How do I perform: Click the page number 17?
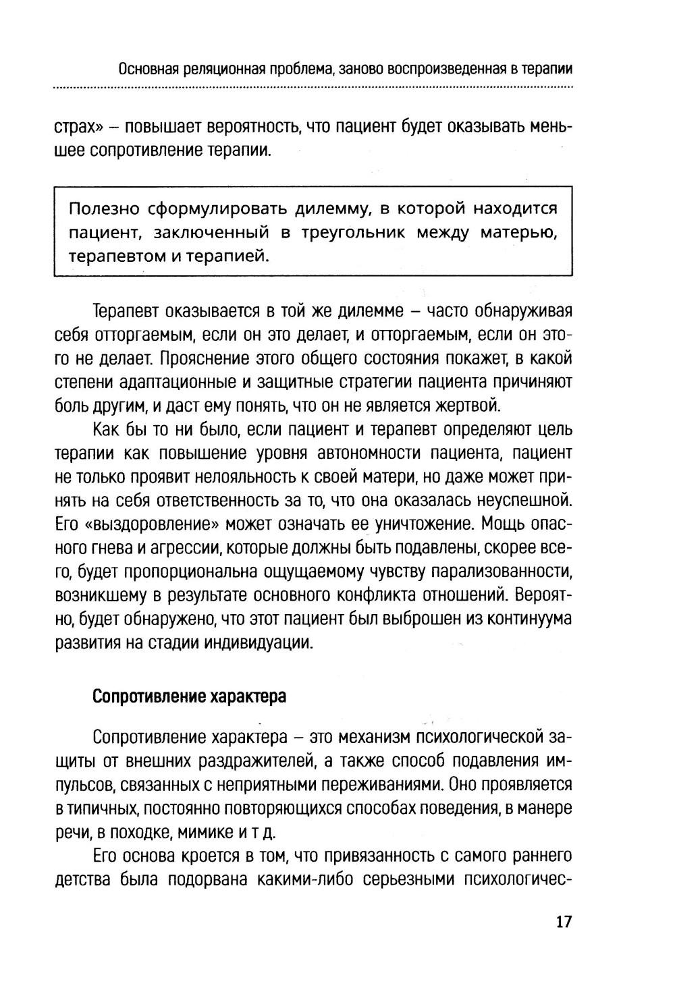click(x=563, y=922)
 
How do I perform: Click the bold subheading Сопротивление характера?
click(x=189, y=696)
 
